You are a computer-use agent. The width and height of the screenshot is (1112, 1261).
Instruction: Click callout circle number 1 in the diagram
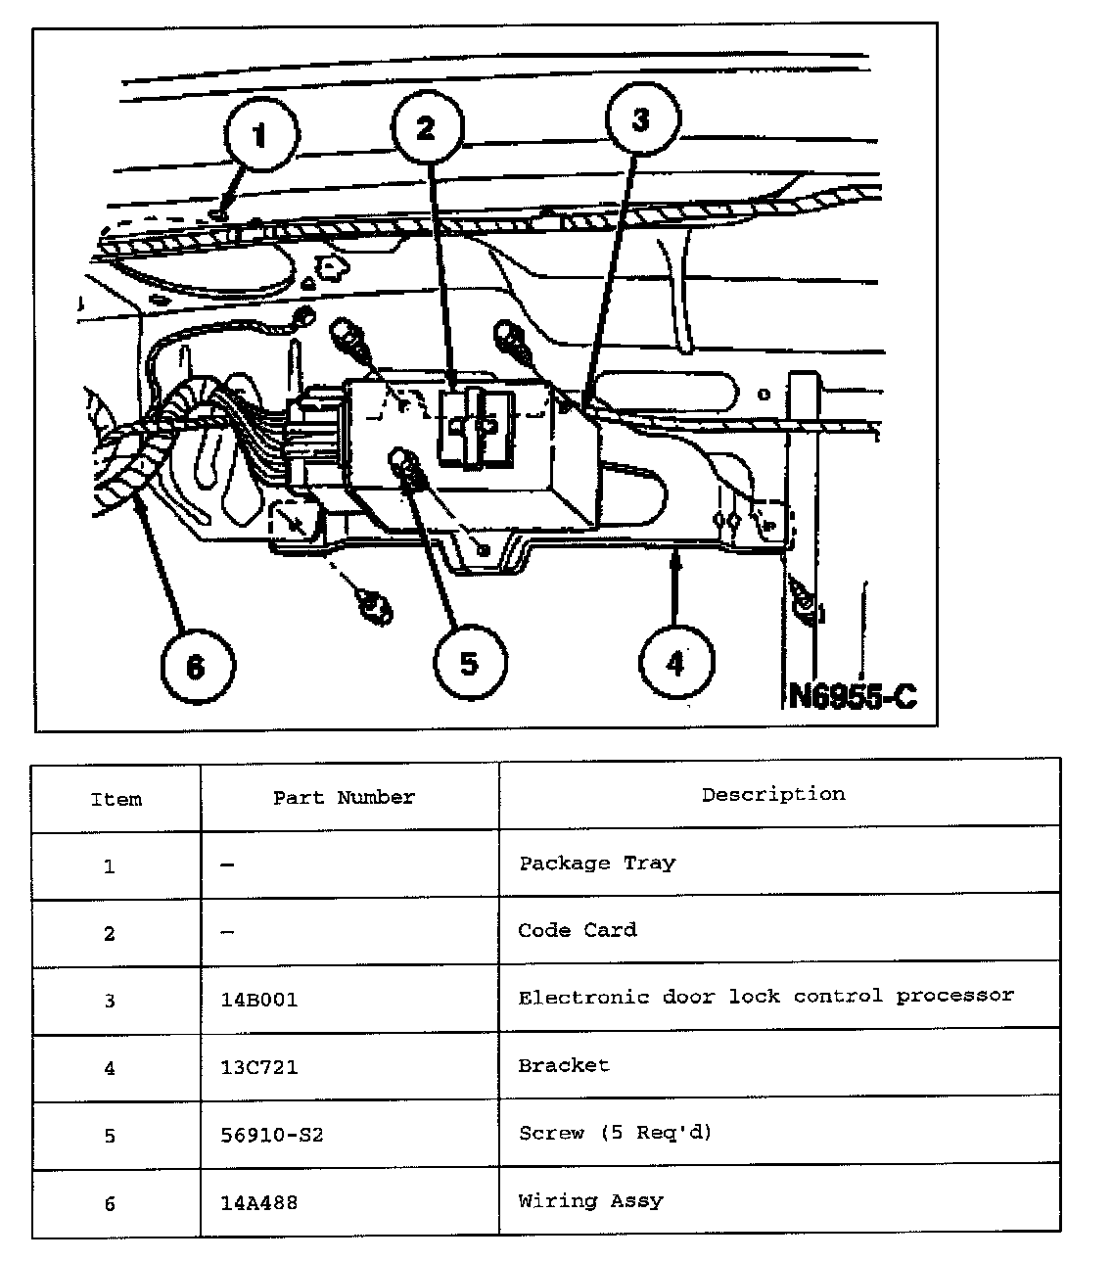tap(260, 135)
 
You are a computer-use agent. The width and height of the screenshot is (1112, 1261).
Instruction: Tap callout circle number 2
tap(427, 128)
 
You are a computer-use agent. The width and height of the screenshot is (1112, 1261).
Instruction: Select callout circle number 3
tap(641, 119)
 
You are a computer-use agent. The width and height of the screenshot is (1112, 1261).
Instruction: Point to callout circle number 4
tap(675, 664)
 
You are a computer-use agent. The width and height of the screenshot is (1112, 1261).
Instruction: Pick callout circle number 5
tap(470, 664)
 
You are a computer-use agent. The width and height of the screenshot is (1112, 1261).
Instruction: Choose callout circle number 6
tap(197, 667)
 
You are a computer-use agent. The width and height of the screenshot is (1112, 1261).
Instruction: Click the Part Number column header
tap(344, 798)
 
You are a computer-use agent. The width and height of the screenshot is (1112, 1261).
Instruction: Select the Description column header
tap(773, 794)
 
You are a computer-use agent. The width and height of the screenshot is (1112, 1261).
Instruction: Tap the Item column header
tap(116, 799)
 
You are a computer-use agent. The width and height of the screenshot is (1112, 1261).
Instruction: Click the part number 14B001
tap(259, 1001)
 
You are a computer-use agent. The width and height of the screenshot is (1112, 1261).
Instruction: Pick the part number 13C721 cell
tap(259, 1067)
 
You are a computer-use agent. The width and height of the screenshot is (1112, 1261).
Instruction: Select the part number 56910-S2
tap(272, 1135)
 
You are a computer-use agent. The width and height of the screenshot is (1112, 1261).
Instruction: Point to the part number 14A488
tap(259, 1201)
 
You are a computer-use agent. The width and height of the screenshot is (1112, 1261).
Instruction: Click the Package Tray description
tap(597, 864)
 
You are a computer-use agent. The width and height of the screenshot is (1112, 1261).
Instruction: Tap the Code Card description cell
tap(578, 930)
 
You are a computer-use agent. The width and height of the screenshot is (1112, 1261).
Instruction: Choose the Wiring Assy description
tap(590, 1200)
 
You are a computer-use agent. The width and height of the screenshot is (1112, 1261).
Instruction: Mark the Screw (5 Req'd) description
tap(616, 1133)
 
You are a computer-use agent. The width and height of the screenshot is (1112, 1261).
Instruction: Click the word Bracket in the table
tap(564, 1065)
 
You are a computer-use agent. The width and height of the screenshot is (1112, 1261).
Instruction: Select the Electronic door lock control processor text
tap(766, 997)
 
